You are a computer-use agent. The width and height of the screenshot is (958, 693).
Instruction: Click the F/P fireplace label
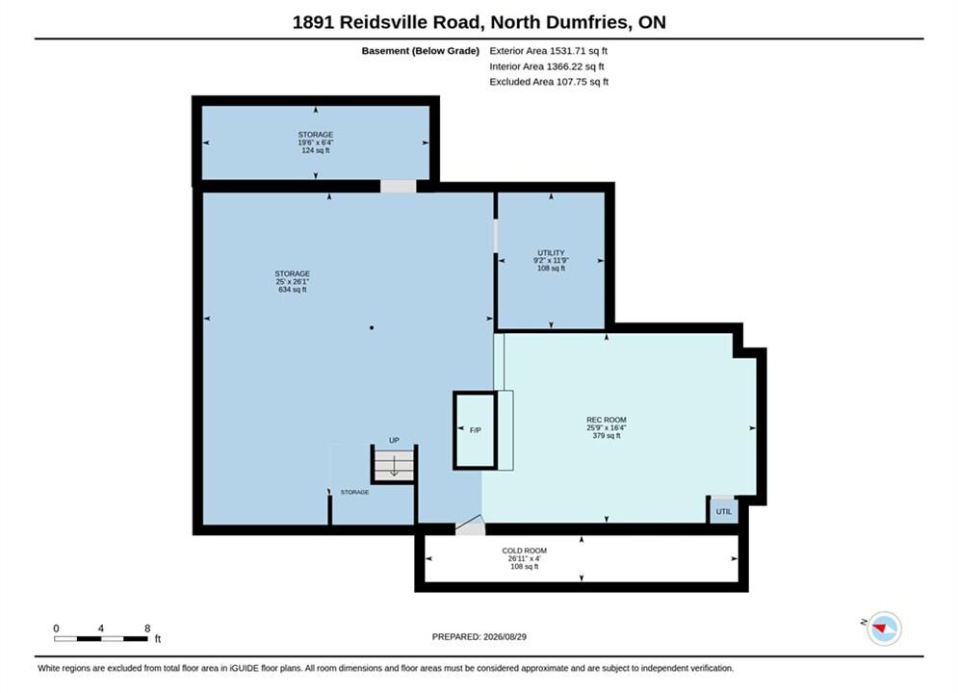tap(476, 430)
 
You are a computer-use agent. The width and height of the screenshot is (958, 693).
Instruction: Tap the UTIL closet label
tap(724, 512)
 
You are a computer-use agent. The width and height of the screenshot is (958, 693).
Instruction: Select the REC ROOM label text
tap(606, 420)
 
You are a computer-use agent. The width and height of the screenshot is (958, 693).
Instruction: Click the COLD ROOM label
tap(524, 551)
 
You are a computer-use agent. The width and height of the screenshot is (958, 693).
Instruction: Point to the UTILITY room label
tap(551, 253)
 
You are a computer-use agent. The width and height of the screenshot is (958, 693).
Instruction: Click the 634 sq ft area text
tap(292, 290)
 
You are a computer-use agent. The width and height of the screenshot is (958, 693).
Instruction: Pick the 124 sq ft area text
tap(315, 150)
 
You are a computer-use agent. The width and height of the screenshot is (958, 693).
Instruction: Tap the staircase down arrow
tap(394, 466)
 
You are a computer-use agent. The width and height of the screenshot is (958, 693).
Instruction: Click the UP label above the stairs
tap(394, 440)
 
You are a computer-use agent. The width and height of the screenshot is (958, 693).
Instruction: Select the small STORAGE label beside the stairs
tap(354, 492)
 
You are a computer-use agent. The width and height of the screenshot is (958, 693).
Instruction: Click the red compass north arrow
tap(880, 627)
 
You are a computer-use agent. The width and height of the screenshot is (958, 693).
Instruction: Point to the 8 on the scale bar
tap(147, 629)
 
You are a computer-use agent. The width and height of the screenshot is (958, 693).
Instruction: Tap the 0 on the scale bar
tap(56, 629)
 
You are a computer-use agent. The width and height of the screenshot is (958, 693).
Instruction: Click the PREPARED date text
tap(479, 637)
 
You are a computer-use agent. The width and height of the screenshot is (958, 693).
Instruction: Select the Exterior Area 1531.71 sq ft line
tap(548, 51)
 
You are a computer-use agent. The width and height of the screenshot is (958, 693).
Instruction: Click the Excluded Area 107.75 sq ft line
tap(549, 82)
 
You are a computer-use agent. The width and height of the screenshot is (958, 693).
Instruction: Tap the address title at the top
tap(479, 22)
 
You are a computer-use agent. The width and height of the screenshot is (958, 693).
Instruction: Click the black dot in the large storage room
tap(372, 328)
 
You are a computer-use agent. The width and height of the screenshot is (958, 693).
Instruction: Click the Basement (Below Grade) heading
tap(421, 51)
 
